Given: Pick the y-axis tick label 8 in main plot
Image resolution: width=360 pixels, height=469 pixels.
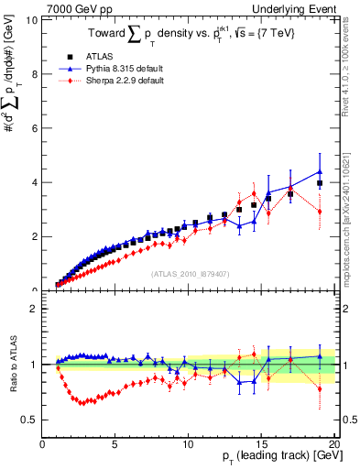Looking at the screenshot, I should click(x=33, y=73).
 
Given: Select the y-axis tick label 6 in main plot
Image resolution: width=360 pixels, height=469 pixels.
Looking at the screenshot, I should click(x=33, y=127).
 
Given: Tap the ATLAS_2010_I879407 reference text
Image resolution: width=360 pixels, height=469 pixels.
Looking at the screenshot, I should click(x=189, y=273).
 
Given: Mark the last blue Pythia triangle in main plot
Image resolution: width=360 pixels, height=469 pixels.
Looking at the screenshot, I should click(x=320, y=171).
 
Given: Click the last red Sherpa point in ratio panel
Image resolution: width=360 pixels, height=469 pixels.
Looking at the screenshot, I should click(x=320, y=388).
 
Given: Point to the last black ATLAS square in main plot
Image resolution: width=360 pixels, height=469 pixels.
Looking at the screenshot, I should click(x=320, y=183).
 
